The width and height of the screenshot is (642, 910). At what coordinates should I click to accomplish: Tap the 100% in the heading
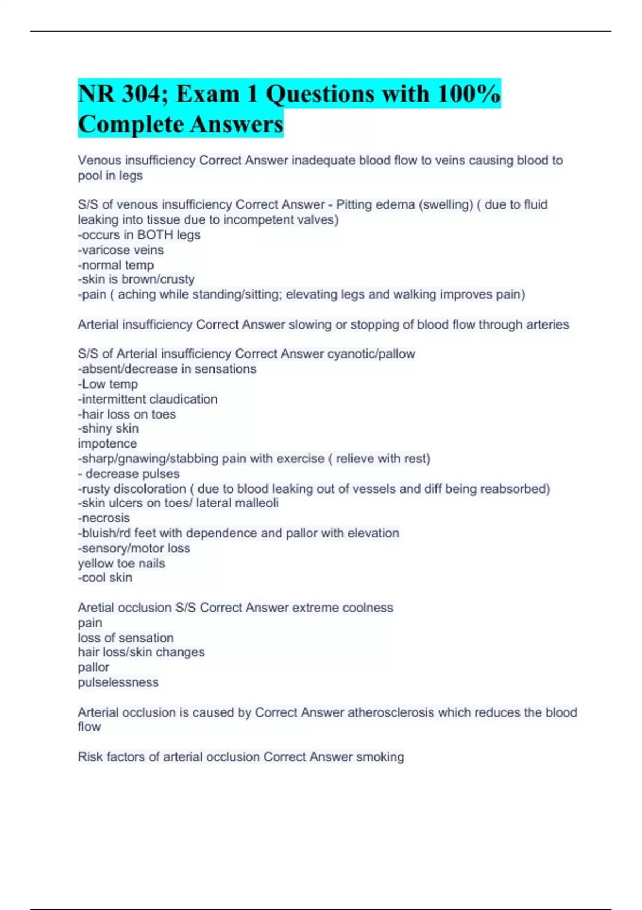469,94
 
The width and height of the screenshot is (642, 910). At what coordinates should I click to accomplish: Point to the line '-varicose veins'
121,250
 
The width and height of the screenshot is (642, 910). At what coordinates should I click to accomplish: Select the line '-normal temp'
116,265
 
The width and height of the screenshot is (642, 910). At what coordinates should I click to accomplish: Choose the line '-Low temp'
108,384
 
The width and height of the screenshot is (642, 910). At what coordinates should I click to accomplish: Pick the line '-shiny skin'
108,429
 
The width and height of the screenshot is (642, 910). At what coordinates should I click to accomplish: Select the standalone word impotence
108,444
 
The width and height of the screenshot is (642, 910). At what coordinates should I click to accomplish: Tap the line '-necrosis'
104,518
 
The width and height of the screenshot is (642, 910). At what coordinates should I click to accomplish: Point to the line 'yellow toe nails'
121,564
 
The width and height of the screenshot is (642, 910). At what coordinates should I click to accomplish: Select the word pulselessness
118,682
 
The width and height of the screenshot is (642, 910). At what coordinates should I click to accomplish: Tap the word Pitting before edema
354,205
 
